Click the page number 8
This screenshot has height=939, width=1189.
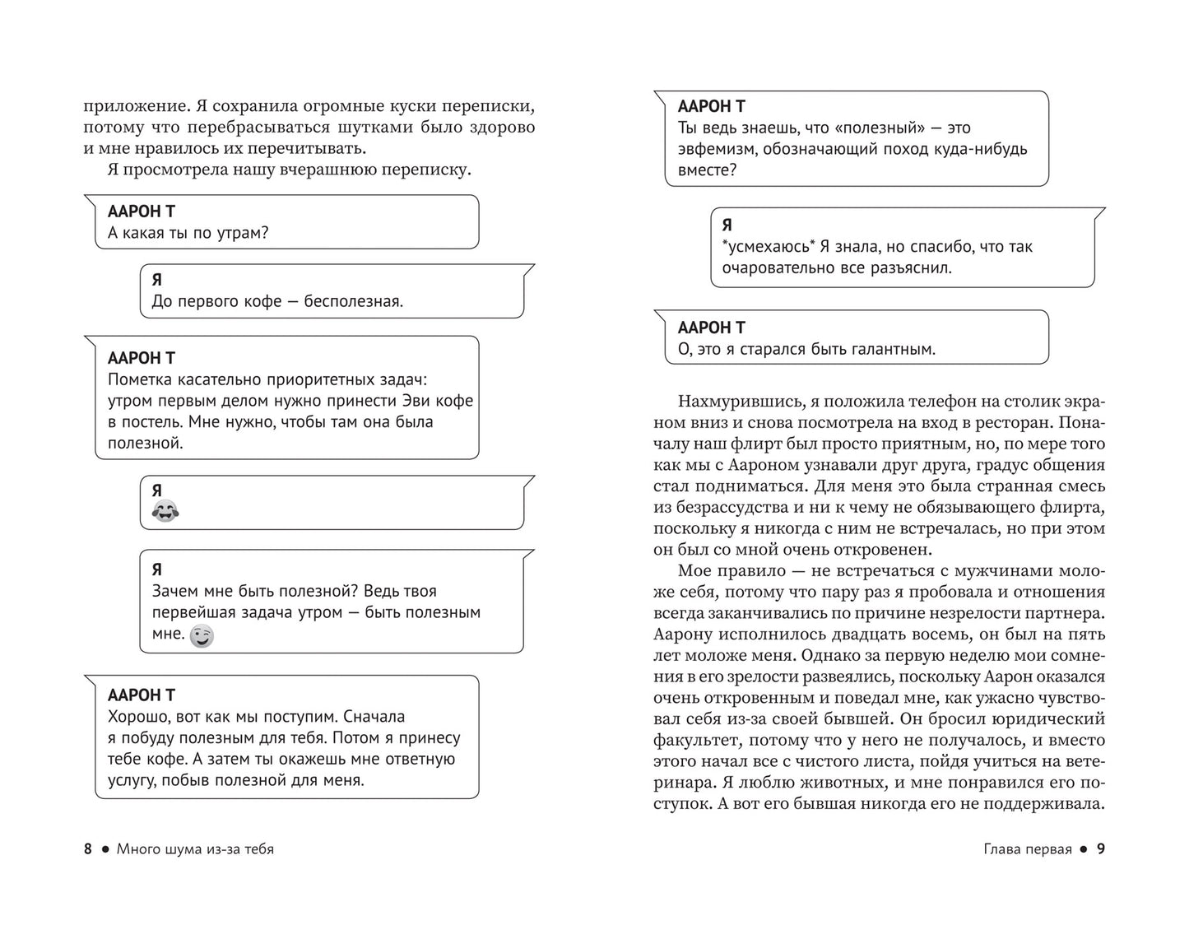tap(88, 848)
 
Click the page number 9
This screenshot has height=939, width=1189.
tap(1100, 848)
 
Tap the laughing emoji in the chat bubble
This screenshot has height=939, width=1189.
tap(165, 512)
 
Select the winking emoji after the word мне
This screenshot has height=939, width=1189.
tap(202, 635)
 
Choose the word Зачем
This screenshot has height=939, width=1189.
tap(174, 591)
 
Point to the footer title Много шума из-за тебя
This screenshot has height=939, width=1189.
tap(195, 848)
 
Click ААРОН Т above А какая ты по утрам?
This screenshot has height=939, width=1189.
tap(142, 212)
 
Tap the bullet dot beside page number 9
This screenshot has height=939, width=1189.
tap(1083, 848)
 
